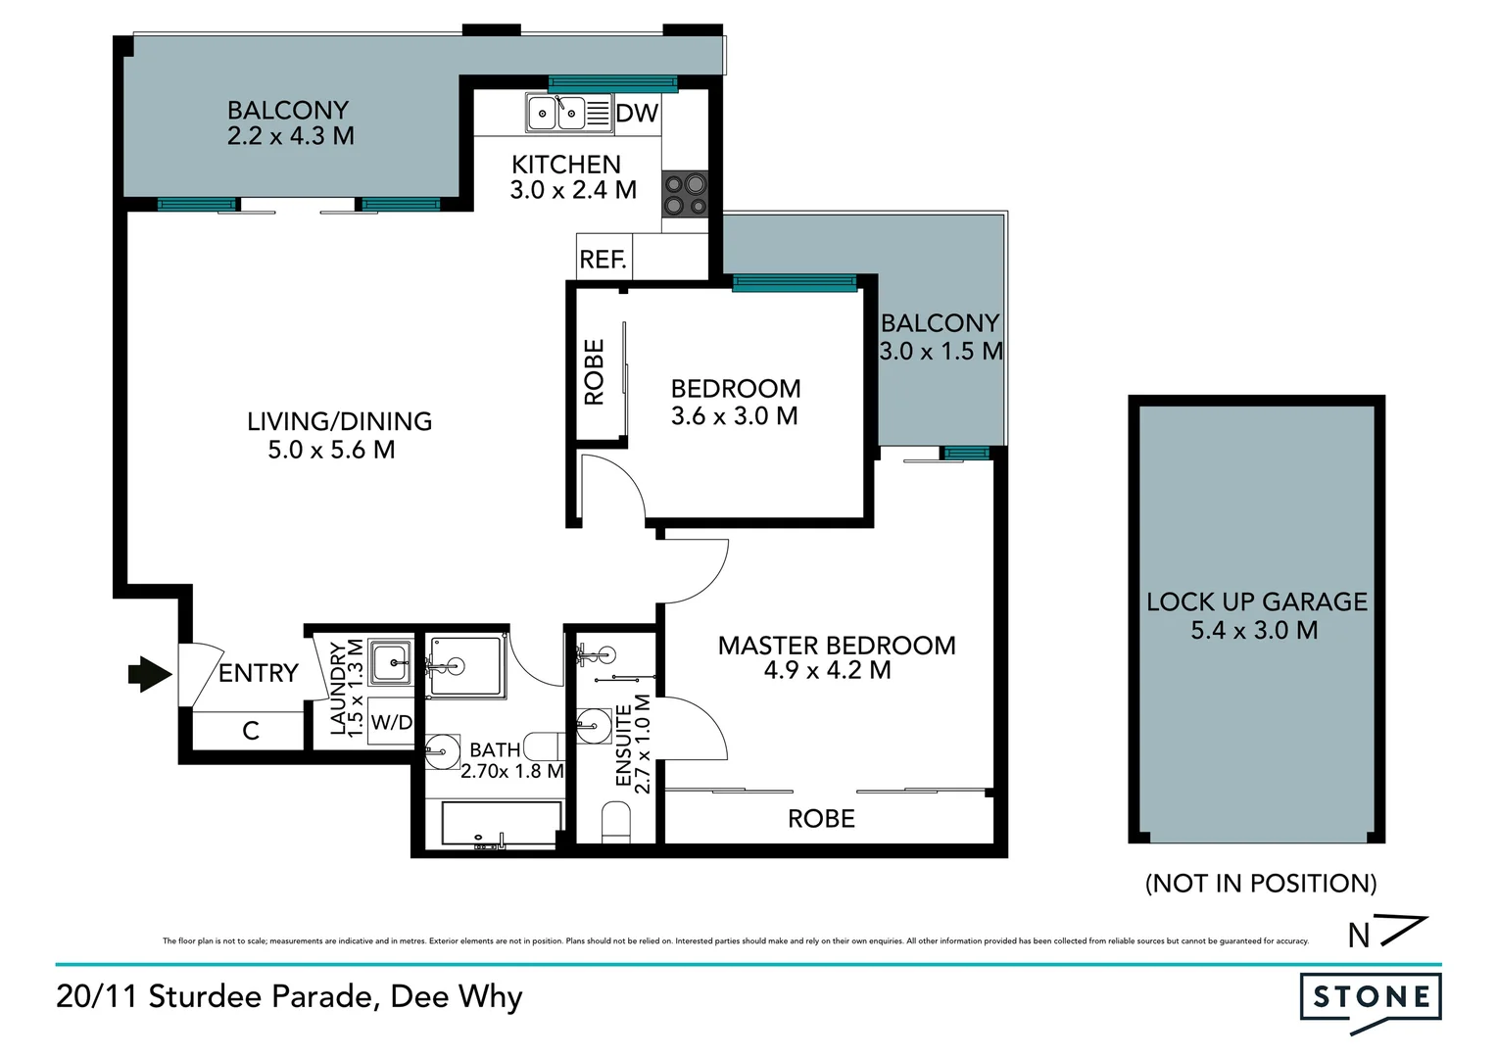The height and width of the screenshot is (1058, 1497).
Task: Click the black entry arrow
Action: click(150, 674)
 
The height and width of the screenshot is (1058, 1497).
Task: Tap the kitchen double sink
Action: click(555, 114)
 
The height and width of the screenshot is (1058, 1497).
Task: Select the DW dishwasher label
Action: click(637, 114)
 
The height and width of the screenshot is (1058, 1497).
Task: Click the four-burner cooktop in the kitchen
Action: click(685, 193)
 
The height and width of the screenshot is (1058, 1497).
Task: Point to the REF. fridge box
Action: click(604, 259)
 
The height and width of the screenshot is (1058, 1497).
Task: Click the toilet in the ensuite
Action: click(616, 821)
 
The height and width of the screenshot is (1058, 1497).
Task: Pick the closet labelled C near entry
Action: click(250, 731)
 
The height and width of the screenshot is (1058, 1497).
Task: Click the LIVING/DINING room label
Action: click(339, 421)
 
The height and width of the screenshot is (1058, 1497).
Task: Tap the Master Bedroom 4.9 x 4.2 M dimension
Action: click(827, 671)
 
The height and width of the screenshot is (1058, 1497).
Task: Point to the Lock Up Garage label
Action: click(1257, 601)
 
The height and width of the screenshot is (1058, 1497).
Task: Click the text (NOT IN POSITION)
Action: click(1261, 884)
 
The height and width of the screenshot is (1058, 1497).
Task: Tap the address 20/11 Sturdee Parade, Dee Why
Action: click(290, 997)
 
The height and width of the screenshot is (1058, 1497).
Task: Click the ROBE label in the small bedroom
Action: click(595, 372)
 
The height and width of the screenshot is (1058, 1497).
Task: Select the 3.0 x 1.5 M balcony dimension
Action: click(941, 351)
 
